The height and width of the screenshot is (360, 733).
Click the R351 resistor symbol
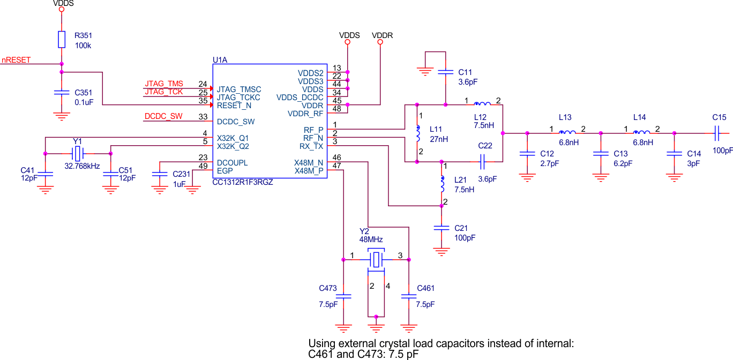62,39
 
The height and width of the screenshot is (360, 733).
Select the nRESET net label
16,61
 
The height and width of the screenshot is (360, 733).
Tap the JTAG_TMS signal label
163,84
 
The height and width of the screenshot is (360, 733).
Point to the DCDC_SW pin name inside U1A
236,122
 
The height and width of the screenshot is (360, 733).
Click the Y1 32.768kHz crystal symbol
78,154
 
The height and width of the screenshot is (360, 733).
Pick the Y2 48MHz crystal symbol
376,260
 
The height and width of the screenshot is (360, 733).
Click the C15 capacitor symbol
717,133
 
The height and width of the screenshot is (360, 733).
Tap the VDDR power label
382,35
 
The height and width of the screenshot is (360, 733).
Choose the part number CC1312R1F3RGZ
243,182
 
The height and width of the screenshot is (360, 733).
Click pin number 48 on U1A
337,109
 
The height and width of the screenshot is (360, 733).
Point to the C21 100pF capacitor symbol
442,228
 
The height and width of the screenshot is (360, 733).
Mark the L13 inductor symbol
567,133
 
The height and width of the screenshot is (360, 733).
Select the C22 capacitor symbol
483,160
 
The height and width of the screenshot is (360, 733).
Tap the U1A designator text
220,61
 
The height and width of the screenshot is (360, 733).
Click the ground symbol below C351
62,115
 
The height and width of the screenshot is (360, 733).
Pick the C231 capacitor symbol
159,174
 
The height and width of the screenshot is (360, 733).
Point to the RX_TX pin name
311,146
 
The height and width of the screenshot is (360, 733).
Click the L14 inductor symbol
641,133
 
